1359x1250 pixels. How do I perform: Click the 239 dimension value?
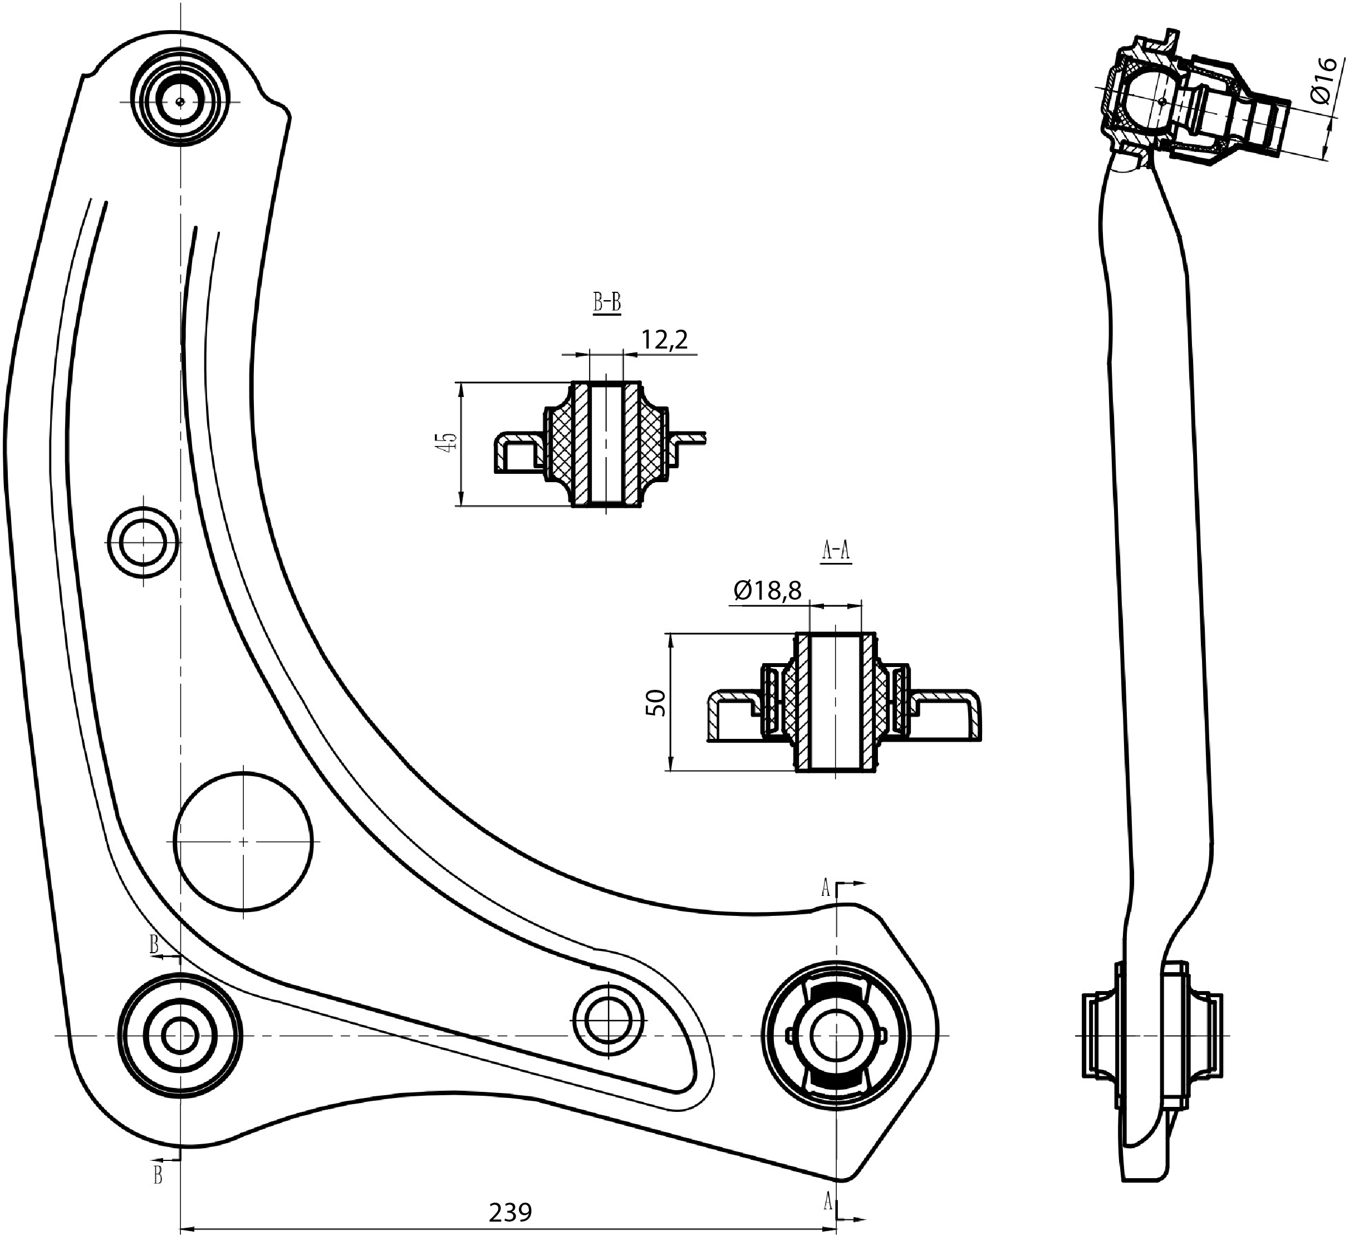click(x=510, y=1213)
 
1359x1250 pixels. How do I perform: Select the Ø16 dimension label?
click(x=1322, y=81)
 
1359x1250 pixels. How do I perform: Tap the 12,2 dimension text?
click(x=664, y=339)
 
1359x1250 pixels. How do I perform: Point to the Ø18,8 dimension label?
click(x=767, y=591)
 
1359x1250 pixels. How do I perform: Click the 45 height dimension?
click(x=448, y=443)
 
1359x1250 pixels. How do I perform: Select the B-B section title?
click(x=607, y=303)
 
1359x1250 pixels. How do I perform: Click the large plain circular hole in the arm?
click(x=243, y=842)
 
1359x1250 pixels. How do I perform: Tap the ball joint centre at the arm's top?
click(x=179, y=101)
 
